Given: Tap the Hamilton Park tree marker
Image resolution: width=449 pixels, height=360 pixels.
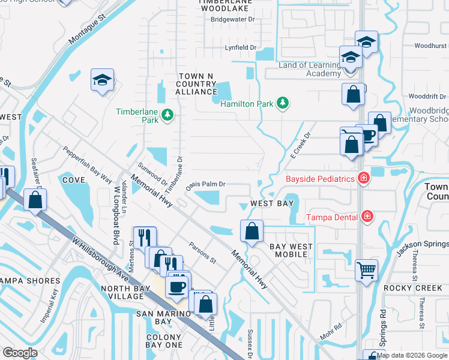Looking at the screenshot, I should click(282, 104).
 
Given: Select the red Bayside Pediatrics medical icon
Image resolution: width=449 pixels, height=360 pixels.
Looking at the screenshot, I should click(363, 178).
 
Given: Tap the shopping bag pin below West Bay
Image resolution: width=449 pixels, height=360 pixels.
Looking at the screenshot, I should click(252, 230).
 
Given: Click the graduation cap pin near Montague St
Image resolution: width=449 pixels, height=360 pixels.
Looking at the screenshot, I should click(103, 80).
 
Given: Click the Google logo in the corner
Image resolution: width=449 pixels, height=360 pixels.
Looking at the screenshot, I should click(20, 352).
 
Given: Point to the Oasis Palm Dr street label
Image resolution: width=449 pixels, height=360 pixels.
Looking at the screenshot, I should click(205, 185).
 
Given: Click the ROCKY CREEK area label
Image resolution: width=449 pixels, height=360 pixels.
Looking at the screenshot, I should click(413, 287).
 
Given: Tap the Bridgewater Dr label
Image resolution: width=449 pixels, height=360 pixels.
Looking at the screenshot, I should click(233, 19).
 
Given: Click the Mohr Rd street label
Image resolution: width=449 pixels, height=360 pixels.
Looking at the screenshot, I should click(330, 332).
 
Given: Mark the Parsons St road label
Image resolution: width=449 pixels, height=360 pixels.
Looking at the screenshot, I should click(202, 253).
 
